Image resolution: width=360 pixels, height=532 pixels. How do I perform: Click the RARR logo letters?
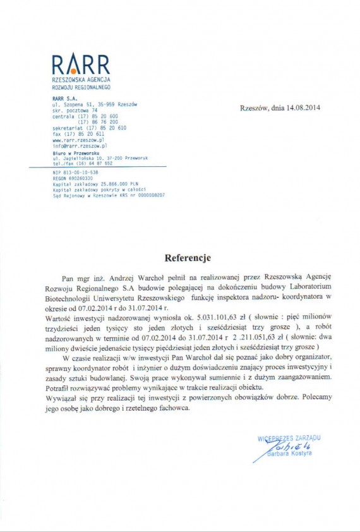[80, 65]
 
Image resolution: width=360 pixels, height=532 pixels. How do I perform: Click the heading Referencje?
[188, 258]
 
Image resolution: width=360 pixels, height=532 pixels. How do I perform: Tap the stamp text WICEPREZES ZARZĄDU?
[289, 437]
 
